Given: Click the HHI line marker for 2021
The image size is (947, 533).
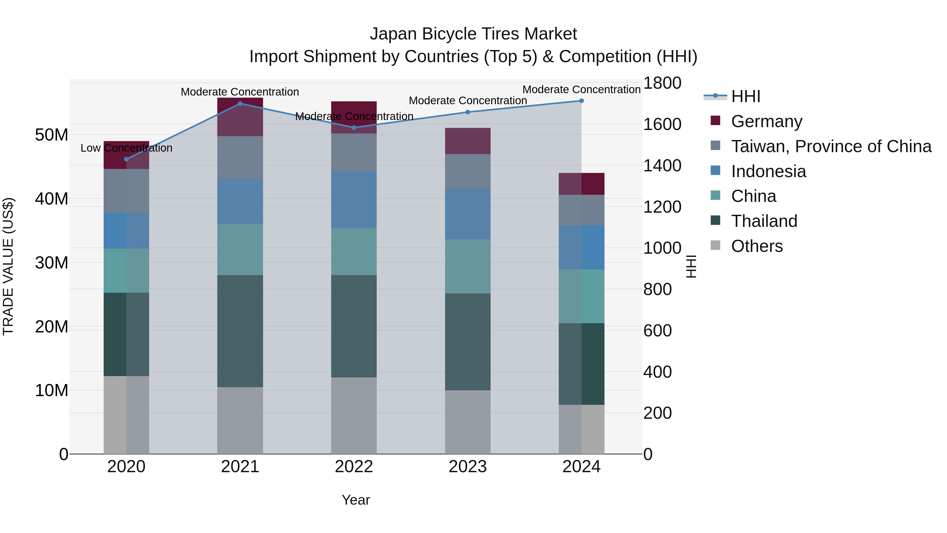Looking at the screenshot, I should [240, 104].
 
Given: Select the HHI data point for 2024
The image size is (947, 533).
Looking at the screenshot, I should [581, 101].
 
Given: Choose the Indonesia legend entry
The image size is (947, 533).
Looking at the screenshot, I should [768, 171].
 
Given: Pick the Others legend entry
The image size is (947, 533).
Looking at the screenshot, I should [757, 246].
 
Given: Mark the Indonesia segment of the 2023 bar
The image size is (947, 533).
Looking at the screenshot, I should [468, 214].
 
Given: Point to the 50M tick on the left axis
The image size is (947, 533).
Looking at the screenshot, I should [52, 135].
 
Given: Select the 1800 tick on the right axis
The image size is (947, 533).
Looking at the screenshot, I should [662, 83].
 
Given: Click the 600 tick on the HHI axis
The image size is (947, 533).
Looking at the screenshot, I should [657, 330].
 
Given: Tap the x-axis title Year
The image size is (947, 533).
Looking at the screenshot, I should [355, 500].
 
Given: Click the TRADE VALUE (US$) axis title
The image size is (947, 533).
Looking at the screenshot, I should [8, 266].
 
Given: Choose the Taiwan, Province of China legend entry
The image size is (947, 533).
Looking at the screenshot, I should [831, 146].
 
